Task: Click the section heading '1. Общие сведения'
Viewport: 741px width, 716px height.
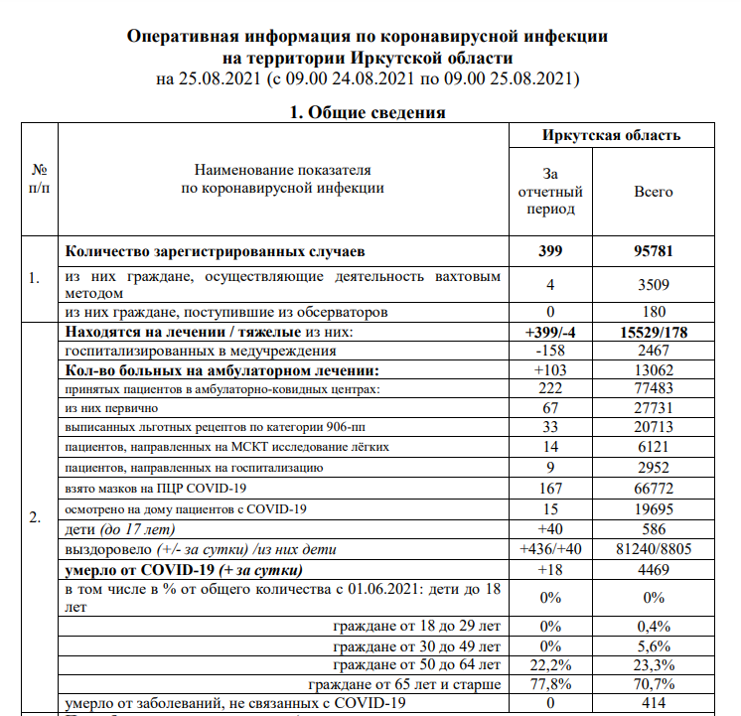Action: click(x=367, y=112)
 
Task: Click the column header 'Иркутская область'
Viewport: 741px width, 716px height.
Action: click(x=611, y=136)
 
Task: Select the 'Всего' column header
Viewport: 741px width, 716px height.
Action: click(x=653, y=192)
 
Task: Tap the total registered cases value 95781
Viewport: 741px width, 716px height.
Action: click(x=654, y=251)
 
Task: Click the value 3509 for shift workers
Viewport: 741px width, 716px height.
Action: click(x=654, y=284)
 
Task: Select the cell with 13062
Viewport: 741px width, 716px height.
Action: click(x=654, y=370)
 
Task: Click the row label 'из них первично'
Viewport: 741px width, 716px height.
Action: click(x=111, y=408)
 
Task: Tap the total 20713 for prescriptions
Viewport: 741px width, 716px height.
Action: click(x=654, y=427)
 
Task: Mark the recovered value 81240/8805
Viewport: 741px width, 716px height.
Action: click(x=654, y=549)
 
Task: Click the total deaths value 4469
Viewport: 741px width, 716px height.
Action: click(x=654, y=570)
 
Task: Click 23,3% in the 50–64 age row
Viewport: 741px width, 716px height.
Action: click(x=654, y=664)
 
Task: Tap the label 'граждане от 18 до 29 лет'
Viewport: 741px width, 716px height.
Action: click(x=418, y=626)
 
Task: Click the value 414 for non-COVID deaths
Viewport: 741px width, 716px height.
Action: click(x=654, y=703)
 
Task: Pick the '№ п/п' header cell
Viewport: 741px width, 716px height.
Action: click(x=40, y=180)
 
